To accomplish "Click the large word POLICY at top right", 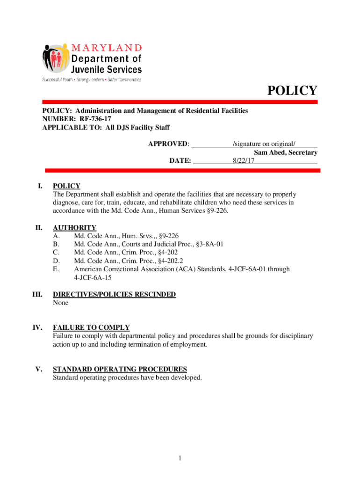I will (292, 90).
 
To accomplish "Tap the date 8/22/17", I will (244, 161).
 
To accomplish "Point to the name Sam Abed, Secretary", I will (286, 152).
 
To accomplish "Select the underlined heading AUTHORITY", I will (75, 228).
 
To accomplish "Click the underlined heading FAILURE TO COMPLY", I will (91, 327).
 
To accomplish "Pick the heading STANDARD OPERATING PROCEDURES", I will (120, 369).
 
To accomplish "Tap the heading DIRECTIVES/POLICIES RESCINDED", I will (115, 294).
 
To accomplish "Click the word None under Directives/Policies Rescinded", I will (61, 303).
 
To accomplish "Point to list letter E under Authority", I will (56, 269).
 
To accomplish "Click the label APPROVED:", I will (169, 144).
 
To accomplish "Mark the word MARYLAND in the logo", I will (107, 47).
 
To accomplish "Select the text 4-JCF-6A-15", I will (93, 277).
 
